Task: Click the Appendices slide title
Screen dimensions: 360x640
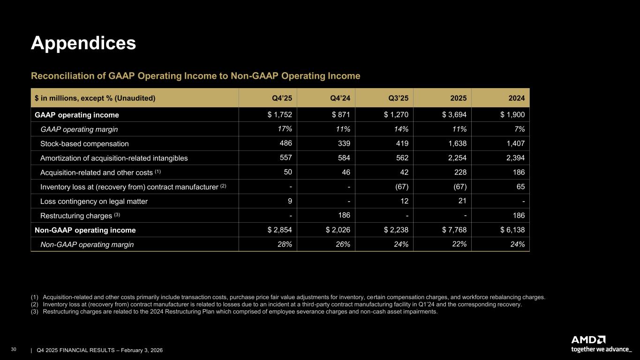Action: point(83,43)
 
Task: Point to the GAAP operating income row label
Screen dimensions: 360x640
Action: point(77,115)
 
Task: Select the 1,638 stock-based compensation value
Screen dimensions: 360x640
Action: point(457,143)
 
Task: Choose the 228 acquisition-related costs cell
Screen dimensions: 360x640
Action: point(460,172)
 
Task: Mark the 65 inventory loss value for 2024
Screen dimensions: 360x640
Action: point(520,187)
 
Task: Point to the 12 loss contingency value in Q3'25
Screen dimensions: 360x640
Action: point(404,202)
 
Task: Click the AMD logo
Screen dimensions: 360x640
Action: point(588,340)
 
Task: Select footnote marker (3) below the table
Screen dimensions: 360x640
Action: point(35,312)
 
